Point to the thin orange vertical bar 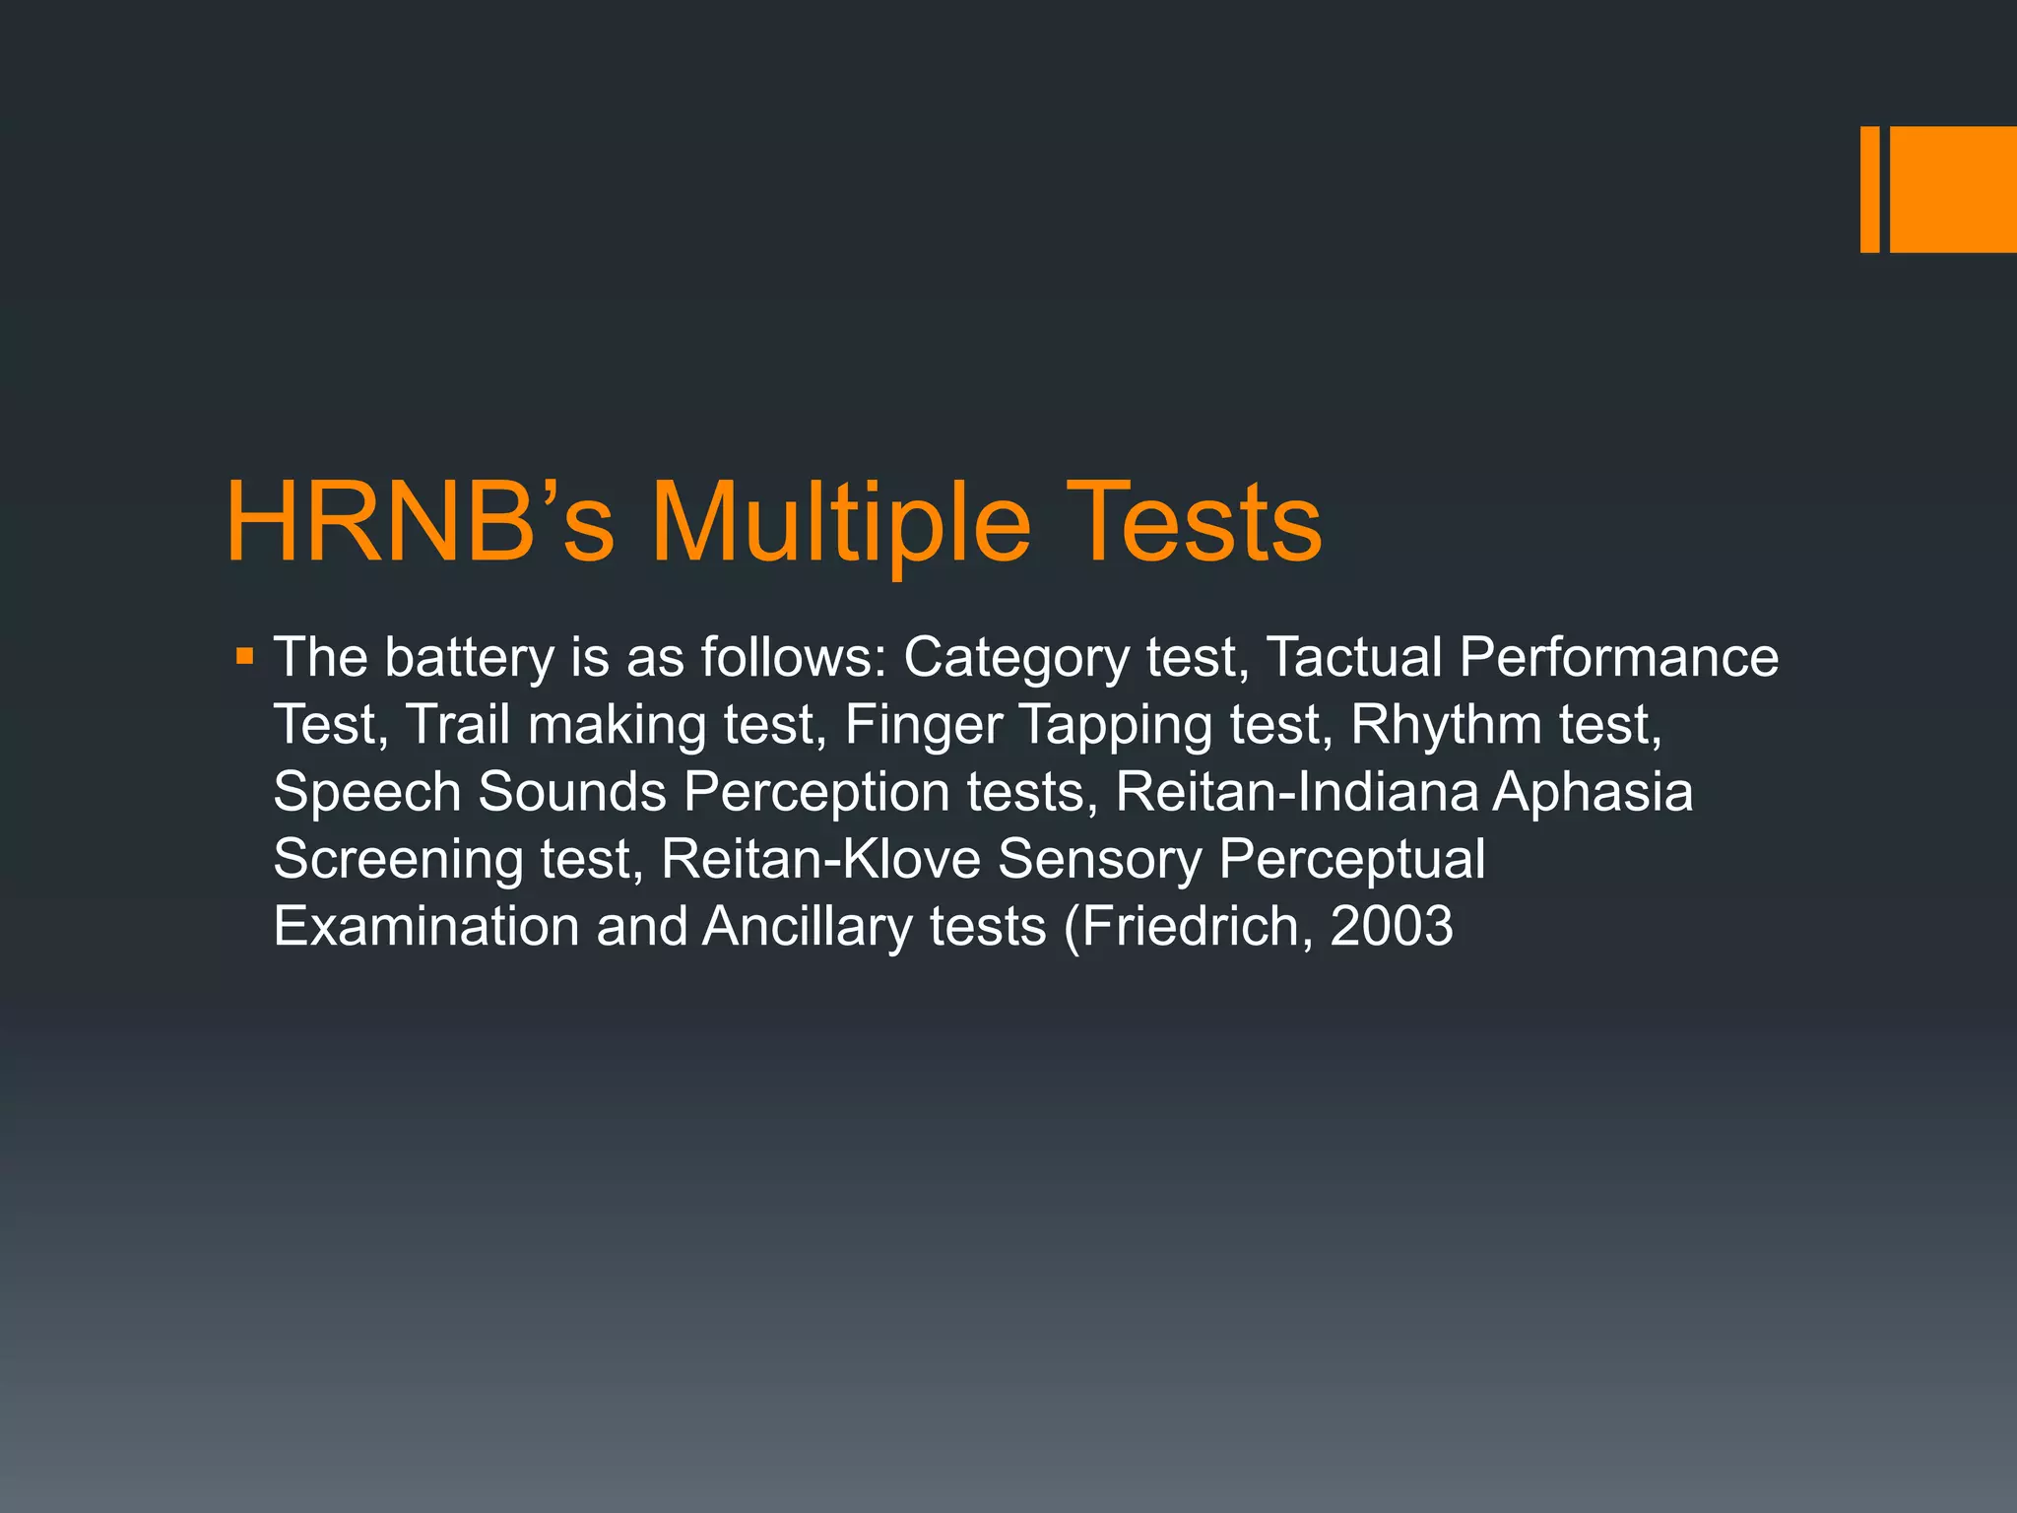1869,189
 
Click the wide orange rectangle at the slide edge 1953,189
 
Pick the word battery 469,657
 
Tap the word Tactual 1354,657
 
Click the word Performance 1619,657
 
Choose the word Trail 457,724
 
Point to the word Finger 923,726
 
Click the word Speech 367,793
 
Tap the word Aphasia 1593,793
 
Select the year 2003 1391,926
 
